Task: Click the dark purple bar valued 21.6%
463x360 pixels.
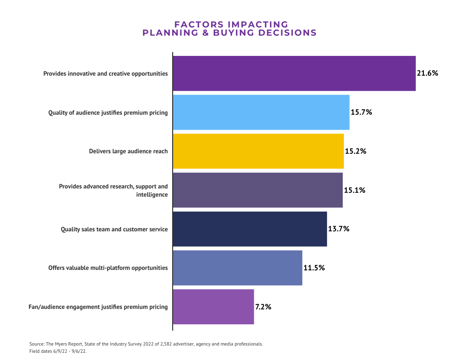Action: point(294,73)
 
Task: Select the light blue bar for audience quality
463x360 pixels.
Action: point(261,112)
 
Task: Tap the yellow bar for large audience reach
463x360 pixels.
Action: point(258,151)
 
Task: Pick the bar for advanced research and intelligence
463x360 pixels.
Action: point(258,190)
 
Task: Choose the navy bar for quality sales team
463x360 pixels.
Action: point(250,229)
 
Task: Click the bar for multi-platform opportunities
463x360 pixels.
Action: point(237,268)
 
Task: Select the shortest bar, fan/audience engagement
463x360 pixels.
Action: point(213,307)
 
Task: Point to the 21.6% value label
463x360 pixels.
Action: point(427,73)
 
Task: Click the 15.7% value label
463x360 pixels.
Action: point(361,112)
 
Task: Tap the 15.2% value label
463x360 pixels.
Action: point(355,151)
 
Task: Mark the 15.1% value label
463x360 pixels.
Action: point(354,190)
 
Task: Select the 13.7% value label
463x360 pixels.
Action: point(339,229)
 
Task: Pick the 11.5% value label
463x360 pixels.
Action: point(314,268)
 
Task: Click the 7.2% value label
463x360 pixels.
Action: point(263,307)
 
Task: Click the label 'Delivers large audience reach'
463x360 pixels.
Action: point(128,151)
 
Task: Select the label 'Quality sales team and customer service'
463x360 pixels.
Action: point(114,229)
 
